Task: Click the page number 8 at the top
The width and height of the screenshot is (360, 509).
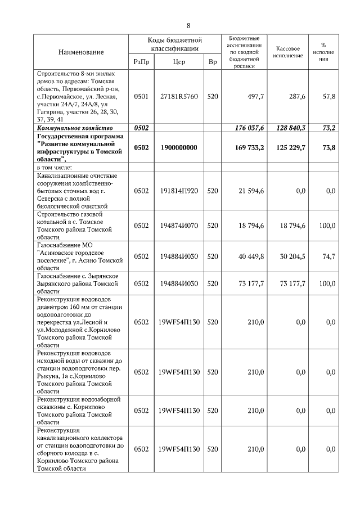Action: pos(188,26)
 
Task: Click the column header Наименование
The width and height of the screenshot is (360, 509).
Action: pos(81,52)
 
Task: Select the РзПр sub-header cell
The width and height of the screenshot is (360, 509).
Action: pos(141,62)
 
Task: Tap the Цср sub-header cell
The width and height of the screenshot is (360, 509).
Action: pos(179,62)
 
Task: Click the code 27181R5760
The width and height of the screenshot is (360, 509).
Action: pos(179,97)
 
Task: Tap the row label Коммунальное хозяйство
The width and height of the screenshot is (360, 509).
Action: pos(75,128)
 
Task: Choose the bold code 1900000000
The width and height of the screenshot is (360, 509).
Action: pos(179,147)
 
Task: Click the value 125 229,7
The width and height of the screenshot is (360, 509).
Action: pos(290,147)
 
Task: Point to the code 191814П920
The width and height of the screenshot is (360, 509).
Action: pos(179,191)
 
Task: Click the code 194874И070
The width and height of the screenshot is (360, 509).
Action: pos(179,226)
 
